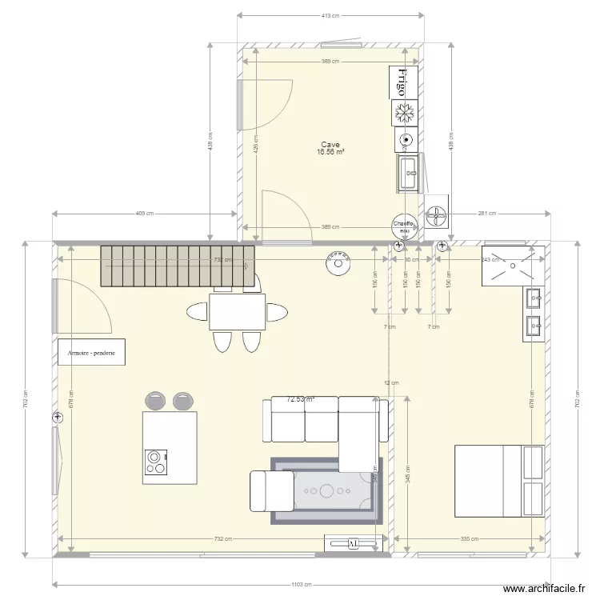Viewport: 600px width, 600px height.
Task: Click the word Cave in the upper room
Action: pyautogui.click(x=330, y=145)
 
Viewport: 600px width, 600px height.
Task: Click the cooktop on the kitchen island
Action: pyautogui.click(x=155, y=462)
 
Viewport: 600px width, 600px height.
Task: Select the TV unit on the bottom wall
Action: pyautogui.click(x=353, y=544)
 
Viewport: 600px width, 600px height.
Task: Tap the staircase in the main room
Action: pyautogui.click(x=176, y=265)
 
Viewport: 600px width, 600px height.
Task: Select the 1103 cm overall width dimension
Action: pyautogui.click(x=301, y=585)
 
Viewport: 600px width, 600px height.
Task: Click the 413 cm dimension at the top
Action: pyautogui.click(x=330, y=15)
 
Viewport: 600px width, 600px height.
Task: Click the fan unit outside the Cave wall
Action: pyautogui.click(x=437, y=214)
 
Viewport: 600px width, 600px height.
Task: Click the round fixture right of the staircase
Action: pyautogui.click(x=338, y=262)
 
